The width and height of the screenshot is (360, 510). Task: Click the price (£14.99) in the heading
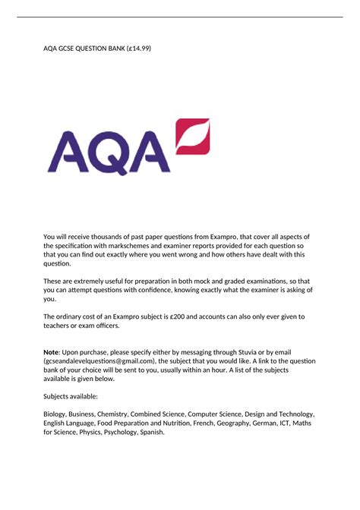pyautogui.click(x=137, y=49)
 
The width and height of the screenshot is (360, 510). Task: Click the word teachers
pyautogui.click(x=61, y=326)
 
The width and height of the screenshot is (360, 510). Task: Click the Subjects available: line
pyautogui.click(x=74, y=395)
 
